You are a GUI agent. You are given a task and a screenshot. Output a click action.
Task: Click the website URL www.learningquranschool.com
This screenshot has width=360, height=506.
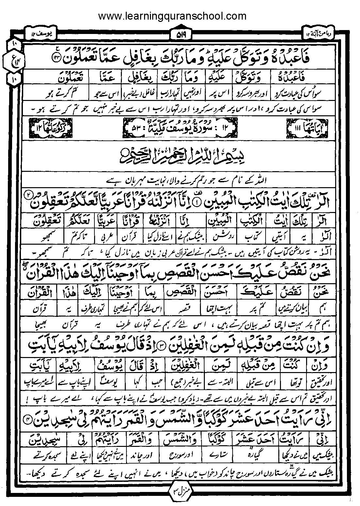tap(172, 16)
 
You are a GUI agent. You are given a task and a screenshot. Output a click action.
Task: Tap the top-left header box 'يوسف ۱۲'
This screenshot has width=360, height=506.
tap(41, 34)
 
